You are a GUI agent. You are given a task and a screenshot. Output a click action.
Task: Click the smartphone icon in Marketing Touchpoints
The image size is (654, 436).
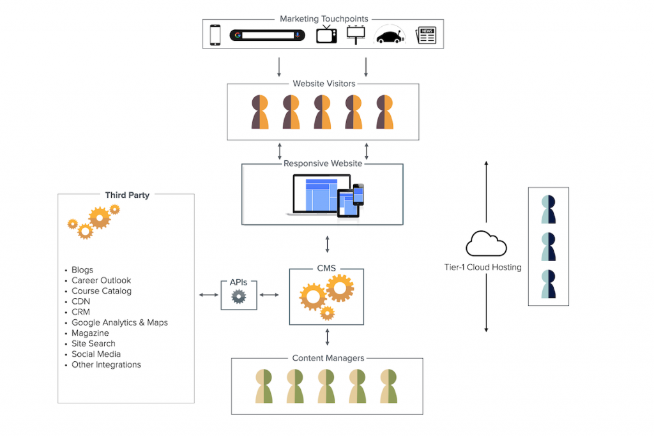[x=215, y=34]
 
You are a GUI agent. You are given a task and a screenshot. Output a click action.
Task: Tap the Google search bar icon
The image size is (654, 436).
[x=267, y=34]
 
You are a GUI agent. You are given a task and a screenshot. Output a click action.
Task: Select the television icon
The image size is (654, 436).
[x=326, y=34]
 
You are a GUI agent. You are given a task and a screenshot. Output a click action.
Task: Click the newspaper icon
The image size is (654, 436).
[x=425, y=35]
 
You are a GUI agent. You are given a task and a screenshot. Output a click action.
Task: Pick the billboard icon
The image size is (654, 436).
[x=356, y=33]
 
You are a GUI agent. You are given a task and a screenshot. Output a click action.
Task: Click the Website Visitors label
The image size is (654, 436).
[x=324, y=84]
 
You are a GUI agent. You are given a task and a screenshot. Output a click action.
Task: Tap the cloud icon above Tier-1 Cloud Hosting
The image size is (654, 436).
[x=486, y=244]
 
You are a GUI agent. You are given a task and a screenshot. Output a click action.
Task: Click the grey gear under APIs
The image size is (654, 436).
[x=239, y=296]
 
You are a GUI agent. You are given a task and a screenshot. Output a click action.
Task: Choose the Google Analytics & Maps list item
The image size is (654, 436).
[x=119, y=322]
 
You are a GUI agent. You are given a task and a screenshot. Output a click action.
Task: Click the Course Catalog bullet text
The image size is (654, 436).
[x=102, y=291]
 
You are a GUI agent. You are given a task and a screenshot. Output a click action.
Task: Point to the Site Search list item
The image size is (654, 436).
[x=93, y=343]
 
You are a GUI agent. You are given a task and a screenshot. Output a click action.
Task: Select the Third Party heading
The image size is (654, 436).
[x=127, y=195]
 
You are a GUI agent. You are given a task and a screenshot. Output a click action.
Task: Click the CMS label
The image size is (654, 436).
[x=326, y=269]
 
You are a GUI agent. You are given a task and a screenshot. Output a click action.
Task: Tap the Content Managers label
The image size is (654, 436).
[x=328, y=358]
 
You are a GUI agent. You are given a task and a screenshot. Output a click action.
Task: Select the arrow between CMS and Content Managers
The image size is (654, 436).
[x=328, y=337]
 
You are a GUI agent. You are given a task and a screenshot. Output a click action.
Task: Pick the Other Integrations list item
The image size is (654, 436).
[x=106, y=365]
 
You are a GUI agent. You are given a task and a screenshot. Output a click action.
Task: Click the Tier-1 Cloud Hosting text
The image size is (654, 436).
[x=483, y=267]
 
